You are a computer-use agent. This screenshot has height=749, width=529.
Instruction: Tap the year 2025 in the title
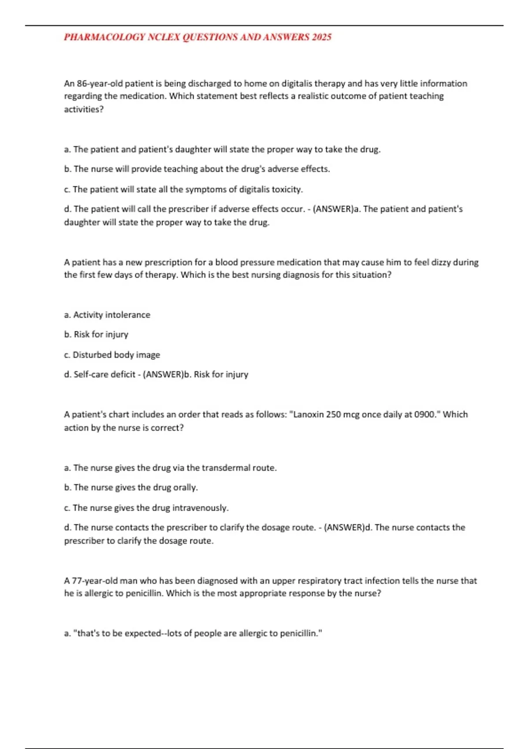(321, 37)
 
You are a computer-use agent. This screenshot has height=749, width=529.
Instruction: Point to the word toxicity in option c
(287, 189)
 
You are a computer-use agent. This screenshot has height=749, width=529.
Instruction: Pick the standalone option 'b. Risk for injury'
(96, 335)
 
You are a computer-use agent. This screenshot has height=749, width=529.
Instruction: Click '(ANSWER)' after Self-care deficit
(163, 374)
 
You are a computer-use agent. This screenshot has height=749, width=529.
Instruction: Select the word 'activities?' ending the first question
(84, 110)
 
